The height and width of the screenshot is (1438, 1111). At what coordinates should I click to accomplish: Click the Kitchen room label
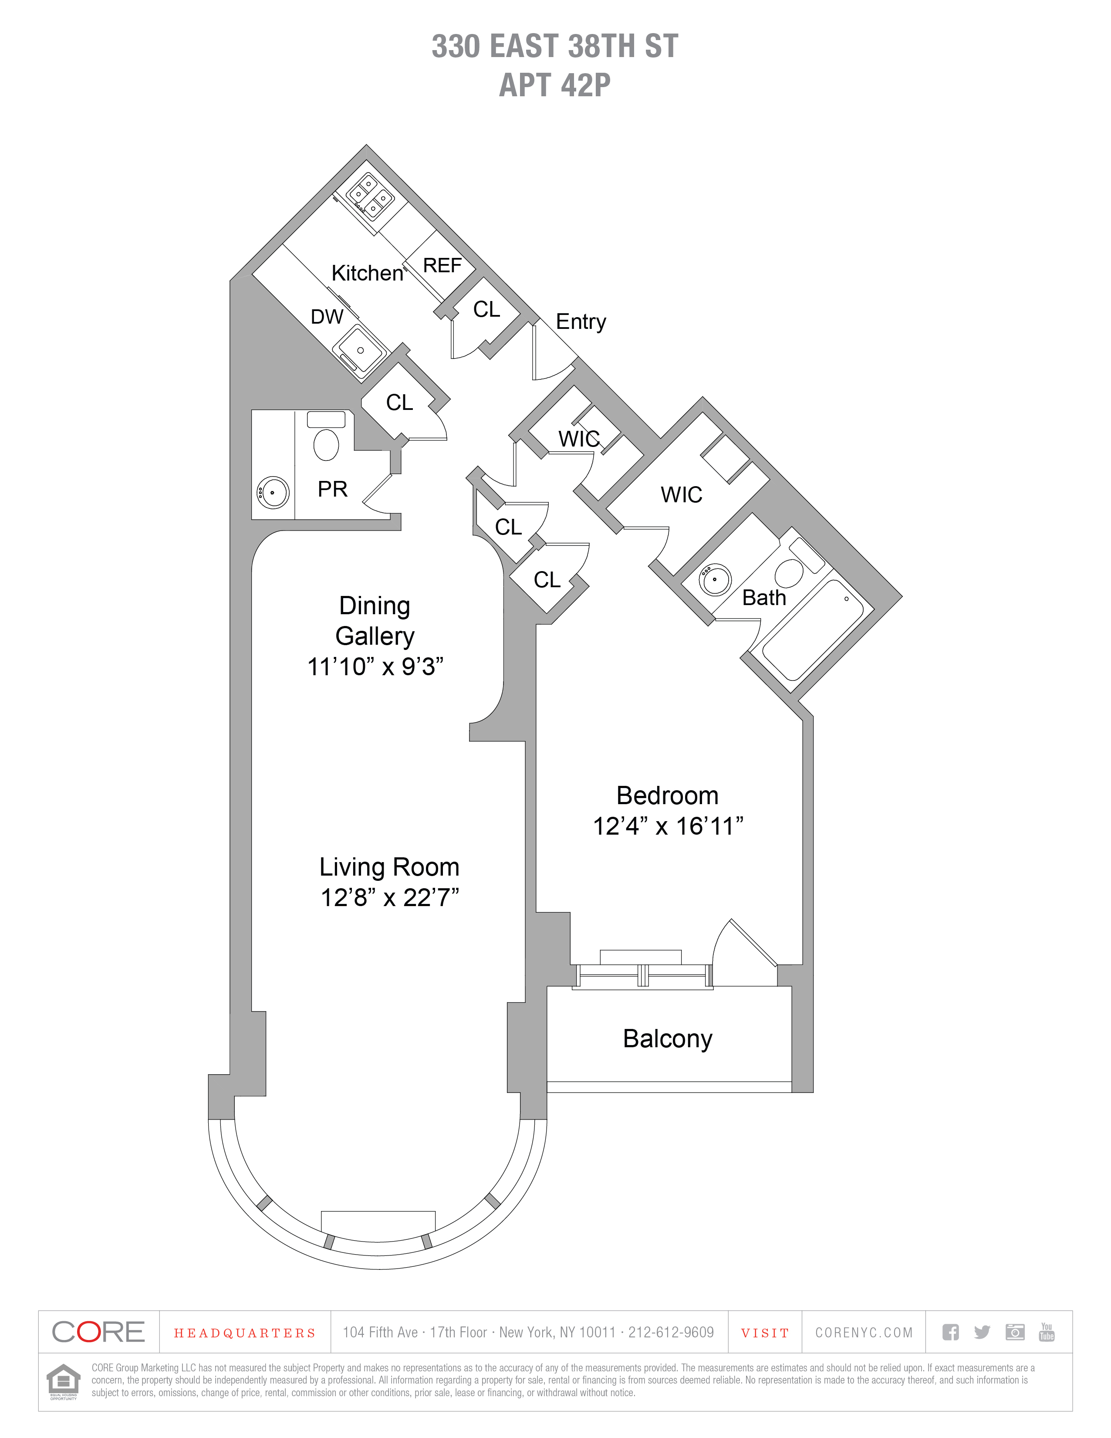(367, 273)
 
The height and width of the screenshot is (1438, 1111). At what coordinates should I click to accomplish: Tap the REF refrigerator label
(442, 265)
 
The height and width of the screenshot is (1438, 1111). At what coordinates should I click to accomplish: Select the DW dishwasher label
(327, 317)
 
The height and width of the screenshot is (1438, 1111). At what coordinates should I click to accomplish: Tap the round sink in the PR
(273, 492)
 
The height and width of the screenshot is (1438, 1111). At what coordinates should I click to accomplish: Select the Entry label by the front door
(581, 321)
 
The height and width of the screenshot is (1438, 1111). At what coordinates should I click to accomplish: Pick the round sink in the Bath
(714, 579)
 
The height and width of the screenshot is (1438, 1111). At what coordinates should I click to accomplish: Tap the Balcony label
(667, 1039)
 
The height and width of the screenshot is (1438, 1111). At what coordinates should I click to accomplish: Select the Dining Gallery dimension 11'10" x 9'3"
(375, 667)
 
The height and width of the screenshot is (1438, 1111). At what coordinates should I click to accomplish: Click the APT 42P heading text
(555, 85)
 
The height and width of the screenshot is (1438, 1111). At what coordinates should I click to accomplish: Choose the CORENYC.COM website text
(864, 1333)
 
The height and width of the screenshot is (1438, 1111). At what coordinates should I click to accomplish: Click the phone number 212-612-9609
(671, 1333)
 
